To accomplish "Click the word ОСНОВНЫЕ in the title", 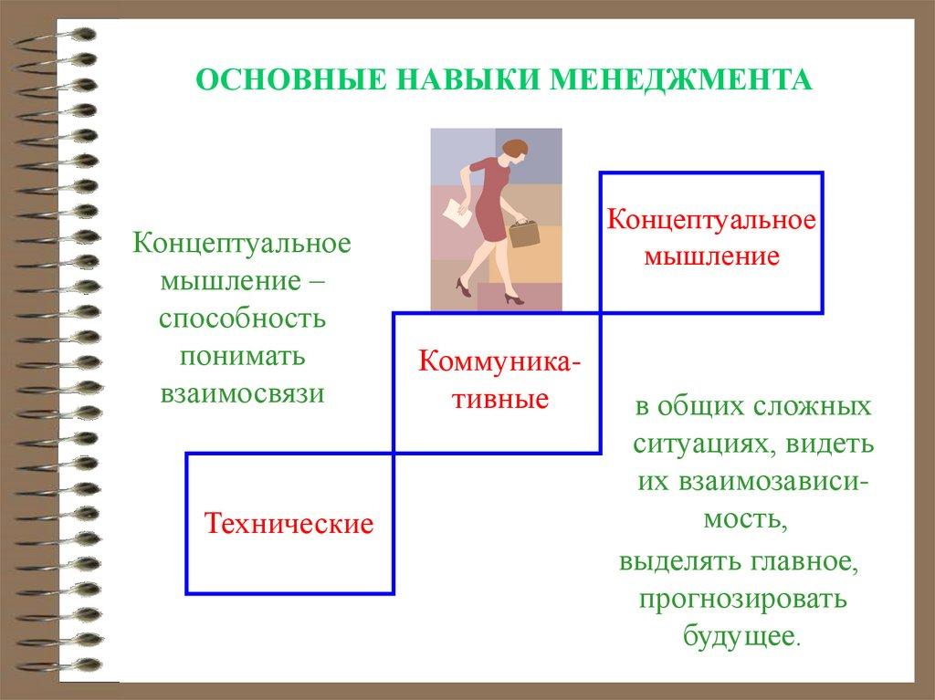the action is pos(291,80).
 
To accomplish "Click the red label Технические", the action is pos(289,524).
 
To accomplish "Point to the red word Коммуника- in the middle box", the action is pos(499,361).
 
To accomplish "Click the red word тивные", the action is pos(499,399).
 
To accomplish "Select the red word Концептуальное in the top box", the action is pos(710,220).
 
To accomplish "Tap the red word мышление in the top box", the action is pos(712,257).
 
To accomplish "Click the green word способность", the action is pos(242,319).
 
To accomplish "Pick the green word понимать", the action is pos(242,357).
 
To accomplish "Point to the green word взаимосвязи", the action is pos(242,394).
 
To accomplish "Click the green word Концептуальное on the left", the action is pos(242,244).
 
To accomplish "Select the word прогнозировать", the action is pos(743,599).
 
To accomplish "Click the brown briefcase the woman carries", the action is pos(523,233).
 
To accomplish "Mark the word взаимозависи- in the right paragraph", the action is pos(753,482).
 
